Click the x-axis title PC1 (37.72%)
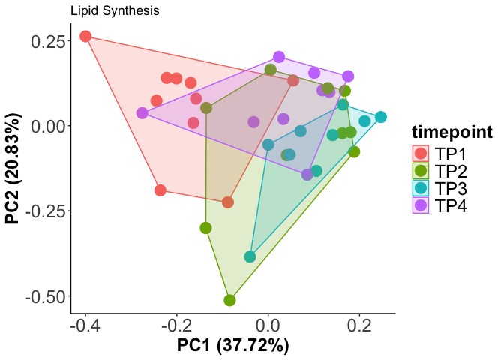tap(232, 346)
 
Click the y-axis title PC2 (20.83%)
tap(13, 169)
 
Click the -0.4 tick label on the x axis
tap(85, 327)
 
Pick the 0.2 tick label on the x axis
tap(359, 327)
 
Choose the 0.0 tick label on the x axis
tap(268, 327)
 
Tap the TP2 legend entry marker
tap(421, 171)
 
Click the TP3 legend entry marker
tap(421, 188)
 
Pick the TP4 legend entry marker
tap(421, 206)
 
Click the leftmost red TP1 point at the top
tap(85, 37)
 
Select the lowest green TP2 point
tap(230, 301)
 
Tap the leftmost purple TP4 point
tap(142, 113)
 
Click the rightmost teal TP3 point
tap(381, 117)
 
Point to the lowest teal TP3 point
tap(250, 257)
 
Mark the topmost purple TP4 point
tap(279, 57)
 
